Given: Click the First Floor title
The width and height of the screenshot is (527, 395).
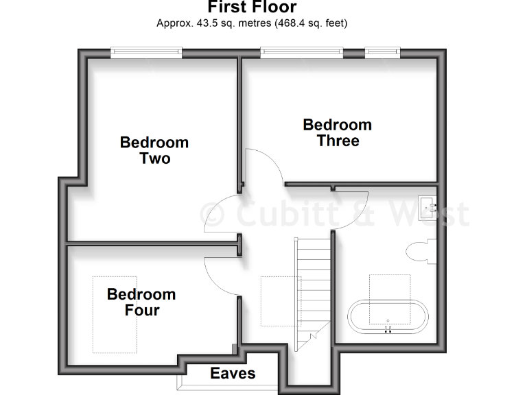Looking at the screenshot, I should (252, 8).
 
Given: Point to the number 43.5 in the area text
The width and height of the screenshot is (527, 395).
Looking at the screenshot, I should (204, 23).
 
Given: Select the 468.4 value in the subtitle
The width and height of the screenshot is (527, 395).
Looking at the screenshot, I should (290, 23).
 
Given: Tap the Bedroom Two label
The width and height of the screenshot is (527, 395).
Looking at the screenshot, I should (154, 150).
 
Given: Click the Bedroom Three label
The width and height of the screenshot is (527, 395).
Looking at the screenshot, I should (337, 132).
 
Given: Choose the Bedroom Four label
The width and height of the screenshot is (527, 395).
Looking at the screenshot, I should (141, 302).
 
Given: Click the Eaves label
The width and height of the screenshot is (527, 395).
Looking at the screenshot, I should (233, 373).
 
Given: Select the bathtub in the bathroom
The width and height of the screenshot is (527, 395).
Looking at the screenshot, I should (388, 316).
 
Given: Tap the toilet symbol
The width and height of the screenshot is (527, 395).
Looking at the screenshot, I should (419, 252).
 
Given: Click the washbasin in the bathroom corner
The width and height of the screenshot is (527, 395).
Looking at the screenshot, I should (426, 204).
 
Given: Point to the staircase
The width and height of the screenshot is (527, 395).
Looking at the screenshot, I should (313, 288).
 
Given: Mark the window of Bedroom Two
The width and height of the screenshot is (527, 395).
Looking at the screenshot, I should (147, 50).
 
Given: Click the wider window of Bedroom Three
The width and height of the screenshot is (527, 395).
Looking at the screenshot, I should (301, 50).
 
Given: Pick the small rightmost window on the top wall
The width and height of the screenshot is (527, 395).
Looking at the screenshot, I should (382, 50).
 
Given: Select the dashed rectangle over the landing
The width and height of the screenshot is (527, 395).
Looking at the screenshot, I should (281, 300).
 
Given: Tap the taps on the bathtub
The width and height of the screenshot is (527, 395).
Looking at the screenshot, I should (388, 328).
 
